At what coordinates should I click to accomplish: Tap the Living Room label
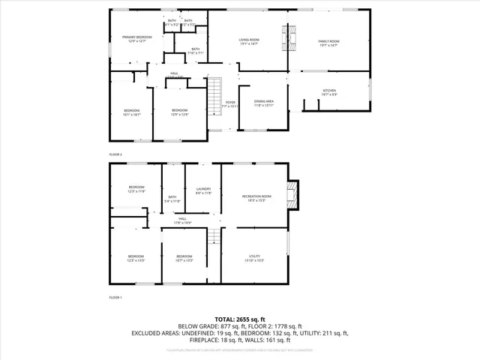coord(248,42)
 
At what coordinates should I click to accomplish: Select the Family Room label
coord(328,43)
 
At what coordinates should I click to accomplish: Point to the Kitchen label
coord(330,93)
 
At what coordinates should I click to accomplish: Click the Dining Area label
coord(263,103)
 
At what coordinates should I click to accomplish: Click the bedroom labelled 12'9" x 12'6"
coord(180,112)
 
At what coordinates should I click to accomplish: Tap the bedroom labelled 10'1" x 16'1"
coord(131,113)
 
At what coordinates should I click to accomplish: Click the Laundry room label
coord(202,190)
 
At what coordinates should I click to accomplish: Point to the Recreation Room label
coord(256,198)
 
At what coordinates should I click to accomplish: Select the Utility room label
coord(254,258)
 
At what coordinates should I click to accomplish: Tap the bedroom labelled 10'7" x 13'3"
coord(184,258)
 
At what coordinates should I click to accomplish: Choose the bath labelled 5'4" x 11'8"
coord(174,199)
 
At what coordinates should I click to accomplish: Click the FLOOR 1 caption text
coord(115,298)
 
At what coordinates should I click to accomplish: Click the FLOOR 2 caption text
coord(115,154)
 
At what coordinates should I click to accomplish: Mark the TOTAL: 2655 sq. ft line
coord(240,319)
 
